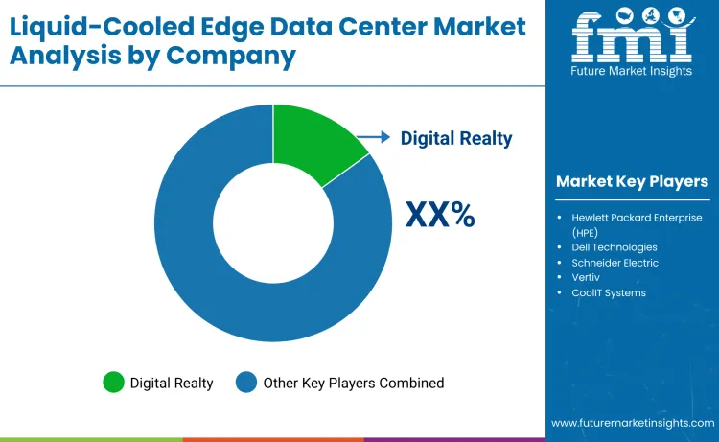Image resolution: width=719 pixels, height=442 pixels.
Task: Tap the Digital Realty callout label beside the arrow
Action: click(456, 138)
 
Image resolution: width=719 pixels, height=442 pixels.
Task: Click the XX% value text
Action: click(440, 214)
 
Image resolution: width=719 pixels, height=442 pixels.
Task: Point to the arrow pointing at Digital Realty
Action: click(375, 137)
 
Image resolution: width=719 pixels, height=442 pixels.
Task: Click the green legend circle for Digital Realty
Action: click(114, 383)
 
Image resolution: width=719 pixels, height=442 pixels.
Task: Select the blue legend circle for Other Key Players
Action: click(246, 383)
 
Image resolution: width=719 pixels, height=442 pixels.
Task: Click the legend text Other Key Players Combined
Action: click(355, 383)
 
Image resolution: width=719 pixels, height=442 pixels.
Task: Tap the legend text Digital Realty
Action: click(172, 383)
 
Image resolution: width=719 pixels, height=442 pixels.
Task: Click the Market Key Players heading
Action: click(632, 181)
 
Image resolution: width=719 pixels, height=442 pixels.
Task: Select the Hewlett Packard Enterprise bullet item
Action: click(637, 224)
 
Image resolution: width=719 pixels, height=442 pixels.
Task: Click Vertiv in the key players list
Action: click(587, 277)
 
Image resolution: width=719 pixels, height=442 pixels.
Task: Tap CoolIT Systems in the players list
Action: click(609, 292)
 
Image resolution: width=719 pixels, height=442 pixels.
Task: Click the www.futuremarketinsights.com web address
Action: click(632, 423)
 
